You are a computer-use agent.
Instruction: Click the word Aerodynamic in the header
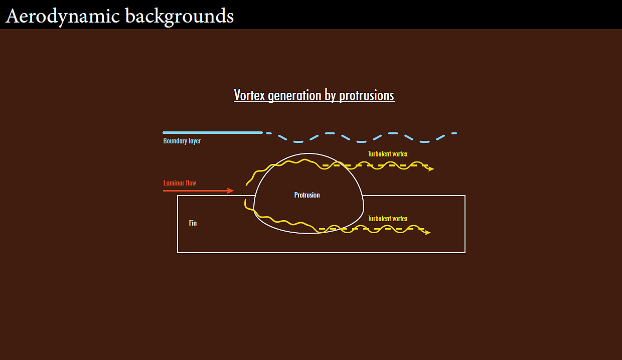click(x=63, y=16)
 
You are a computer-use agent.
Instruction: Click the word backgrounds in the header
click(x=180, y=16)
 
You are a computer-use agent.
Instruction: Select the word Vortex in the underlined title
click(x=249, y=95)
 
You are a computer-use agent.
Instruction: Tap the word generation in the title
click(x=294, y=96)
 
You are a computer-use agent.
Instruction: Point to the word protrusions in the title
click(x=367, y=96)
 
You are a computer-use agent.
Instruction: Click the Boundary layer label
click(x=182, y=141)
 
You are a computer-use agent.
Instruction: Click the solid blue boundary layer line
click(x=213, y=133)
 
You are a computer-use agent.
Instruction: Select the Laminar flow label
click(x=180, y=183)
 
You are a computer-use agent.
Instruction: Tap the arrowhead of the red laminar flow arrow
click(x=230, y=191)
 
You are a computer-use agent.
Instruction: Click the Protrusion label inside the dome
click(x=307, y=195)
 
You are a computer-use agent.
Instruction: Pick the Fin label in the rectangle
click(x=193, y=223)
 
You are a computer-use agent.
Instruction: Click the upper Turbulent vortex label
click(x=387, y=154)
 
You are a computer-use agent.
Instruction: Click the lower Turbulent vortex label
click(x=387, y=219)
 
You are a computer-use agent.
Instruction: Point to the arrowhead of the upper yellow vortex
click(x=431, y=168)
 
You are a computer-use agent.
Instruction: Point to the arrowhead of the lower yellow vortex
click(x=427, y=232)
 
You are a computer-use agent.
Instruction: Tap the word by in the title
click(x=330, y=96)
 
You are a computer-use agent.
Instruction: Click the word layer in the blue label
click(x=195, y=141)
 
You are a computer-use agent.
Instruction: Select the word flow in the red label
click(x=191, y=183)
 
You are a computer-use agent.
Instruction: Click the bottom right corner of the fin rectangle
click(x=465, y=253)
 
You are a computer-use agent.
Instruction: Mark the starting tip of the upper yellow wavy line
click(x=246, y=185)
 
